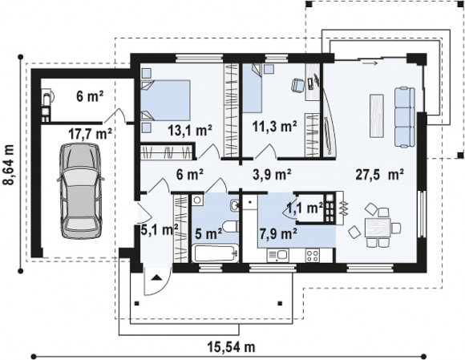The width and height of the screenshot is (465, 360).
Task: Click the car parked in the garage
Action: click(81, 190)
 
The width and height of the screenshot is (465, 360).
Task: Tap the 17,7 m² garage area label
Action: click(90, 133)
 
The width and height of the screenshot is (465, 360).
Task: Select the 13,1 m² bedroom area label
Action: click(189, 130)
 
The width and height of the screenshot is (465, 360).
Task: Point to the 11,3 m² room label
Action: click(275, 127)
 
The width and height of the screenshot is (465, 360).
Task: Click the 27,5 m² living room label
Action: click(380, 174)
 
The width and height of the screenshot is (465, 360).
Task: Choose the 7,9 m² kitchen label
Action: click(278, 233)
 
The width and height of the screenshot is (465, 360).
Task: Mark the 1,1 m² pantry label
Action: click(305, 208)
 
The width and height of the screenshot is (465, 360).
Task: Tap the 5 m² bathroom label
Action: click(208, 234)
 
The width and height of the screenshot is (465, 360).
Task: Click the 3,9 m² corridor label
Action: click(272, 174)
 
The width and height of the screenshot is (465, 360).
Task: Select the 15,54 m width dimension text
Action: click(232, 346)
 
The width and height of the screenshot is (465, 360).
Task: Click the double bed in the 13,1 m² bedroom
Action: click(165, 100)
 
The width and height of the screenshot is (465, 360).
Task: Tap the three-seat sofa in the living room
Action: click(404, 117)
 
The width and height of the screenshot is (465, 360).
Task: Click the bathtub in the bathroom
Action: click(216, 253)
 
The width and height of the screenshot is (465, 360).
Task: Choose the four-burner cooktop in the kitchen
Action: click(313, 256)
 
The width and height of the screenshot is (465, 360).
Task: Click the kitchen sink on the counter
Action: click(278, 256)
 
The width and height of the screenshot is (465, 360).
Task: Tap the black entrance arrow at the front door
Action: click(156, 278)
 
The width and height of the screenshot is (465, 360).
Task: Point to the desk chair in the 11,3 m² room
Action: click(298, 85)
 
